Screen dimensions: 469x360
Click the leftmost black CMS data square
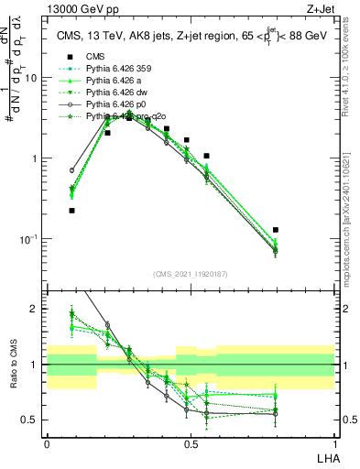[72, 211]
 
